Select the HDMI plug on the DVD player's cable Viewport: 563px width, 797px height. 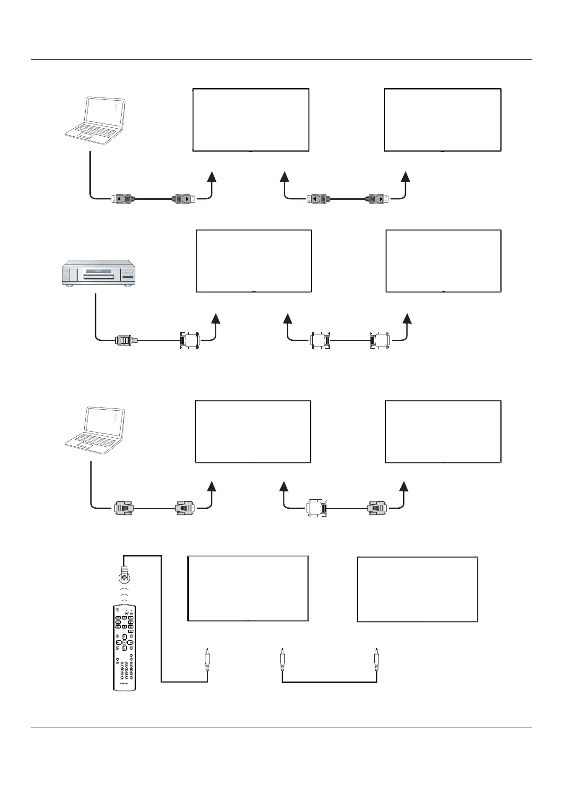click(125, 340)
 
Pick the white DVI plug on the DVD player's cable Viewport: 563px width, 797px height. click(190, 340)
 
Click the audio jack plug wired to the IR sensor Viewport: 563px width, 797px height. click(207, 659)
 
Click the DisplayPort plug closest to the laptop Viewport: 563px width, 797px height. click(123, 199)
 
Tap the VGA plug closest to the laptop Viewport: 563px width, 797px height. click(123, 509)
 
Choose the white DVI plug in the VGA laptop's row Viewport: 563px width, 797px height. click(316, 509)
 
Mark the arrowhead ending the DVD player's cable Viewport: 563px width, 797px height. click(216, 318)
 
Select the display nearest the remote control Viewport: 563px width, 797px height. click(248, 588)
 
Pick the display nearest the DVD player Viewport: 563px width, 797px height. click(254, 261)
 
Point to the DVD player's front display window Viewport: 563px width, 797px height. click(99, 271)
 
